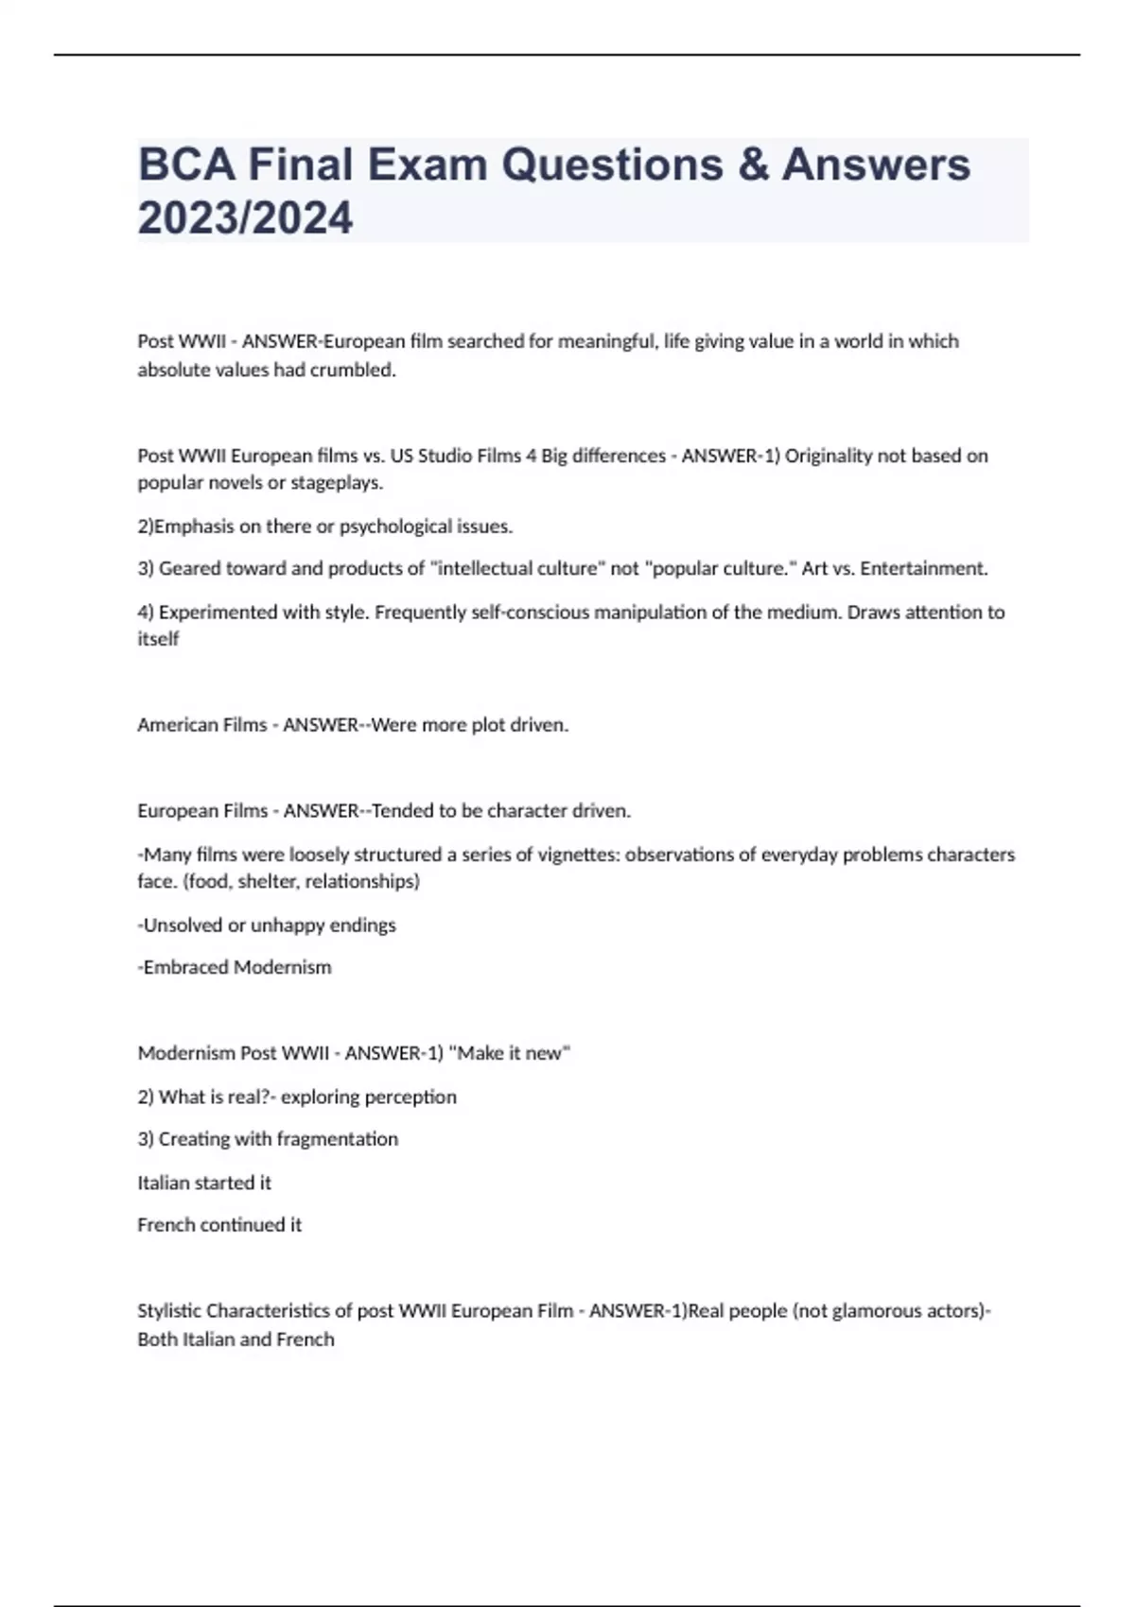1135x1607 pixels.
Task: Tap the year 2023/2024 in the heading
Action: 245,218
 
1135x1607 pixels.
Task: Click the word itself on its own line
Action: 158,639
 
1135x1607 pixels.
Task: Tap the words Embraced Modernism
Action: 236,967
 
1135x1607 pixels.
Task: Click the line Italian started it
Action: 204,1183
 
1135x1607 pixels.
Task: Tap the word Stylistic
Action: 169,1311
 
